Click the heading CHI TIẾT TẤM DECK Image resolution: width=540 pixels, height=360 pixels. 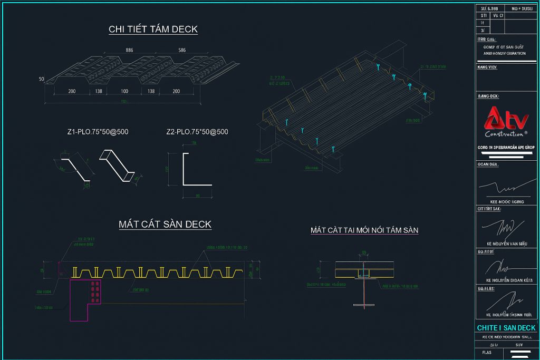click(153, 29)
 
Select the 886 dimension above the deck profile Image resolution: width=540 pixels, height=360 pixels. click(129, 50)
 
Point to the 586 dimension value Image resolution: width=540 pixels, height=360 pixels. click(182, 50)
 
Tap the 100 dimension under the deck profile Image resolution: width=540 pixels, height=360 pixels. click(124, 92)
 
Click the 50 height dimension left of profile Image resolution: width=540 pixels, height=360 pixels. click(41, 79)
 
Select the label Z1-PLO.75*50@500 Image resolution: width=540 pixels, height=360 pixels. click(98, 132)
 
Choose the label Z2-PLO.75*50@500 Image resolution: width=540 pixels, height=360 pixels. click(198, 132)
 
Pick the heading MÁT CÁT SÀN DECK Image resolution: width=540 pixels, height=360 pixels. click(165, 225)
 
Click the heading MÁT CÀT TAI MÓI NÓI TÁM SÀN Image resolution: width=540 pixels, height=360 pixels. click(364, 230)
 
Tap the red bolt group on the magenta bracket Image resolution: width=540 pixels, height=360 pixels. click(95, 292)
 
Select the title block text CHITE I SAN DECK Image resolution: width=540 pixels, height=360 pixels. click(506, 328)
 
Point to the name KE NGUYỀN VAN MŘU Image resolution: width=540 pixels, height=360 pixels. click(507, 244)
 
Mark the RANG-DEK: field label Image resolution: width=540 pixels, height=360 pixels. click(488, 96)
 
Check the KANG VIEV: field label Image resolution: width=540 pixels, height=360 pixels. click(487, 67)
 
